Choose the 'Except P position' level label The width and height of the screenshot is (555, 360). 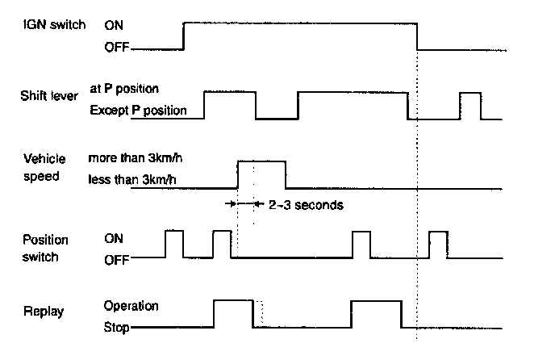[138, 109]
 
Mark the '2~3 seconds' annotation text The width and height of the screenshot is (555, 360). [305, 205]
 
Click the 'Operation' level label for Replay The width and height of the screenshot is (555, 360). [131, 307]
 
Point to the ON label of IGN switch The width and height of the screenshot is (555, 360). [114, 25]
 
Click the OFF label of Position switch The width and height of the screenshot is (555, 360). [116, 261]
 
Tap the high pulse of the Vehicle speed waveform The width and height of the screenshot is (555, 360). [261, 162]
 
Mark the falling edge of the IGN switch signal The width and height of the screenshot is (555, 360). [417, 36]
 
